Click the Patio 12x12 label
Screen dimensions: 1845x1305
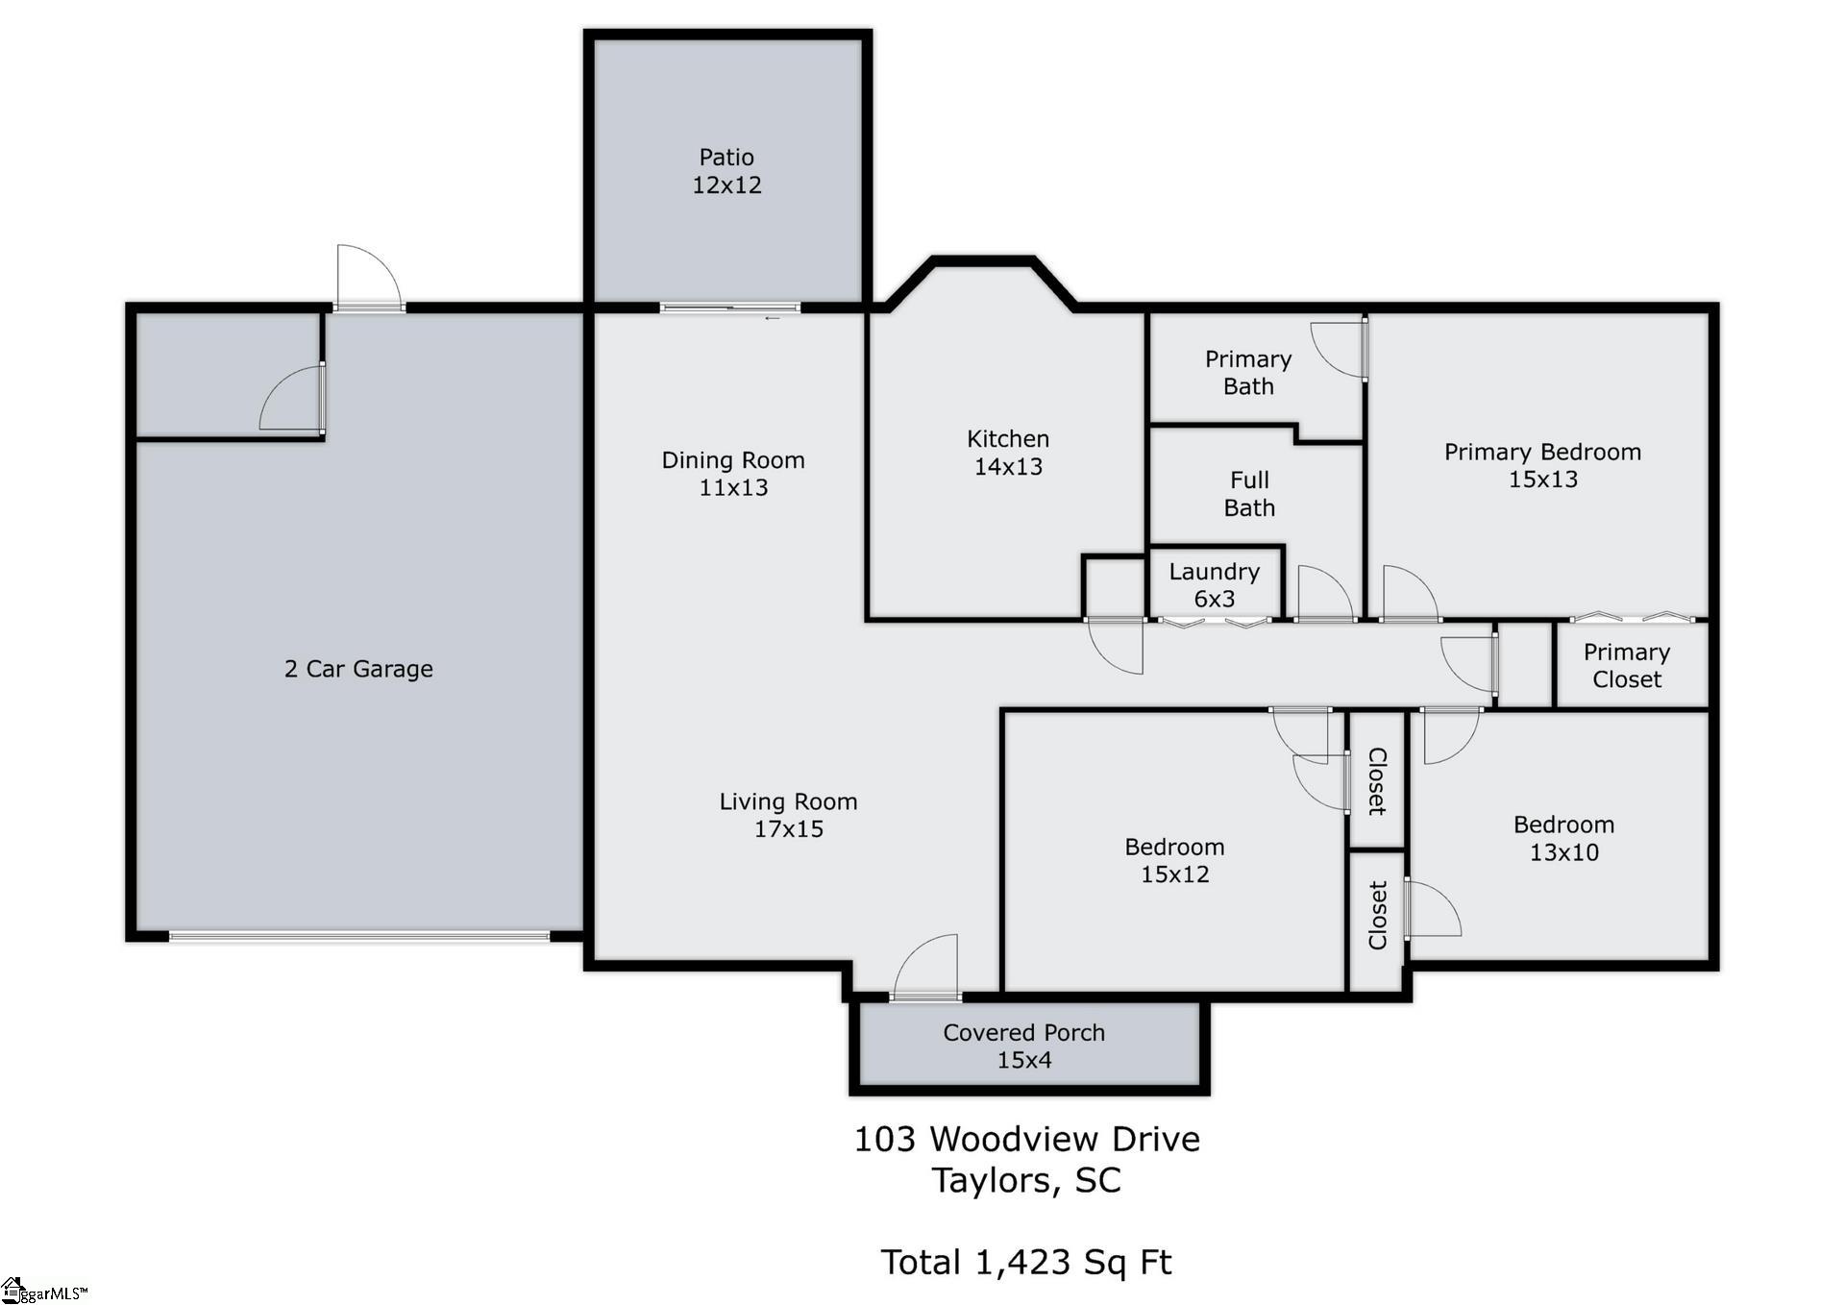[726, 171]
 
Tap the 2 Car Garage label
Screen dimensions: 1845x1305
[358, 669]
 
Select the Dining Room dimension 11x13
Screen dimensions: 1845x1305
[733, 487]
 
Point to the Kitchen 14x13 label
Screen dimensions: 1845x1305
[1008, 453]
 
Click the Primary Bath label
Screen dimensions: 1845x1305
[1248, 373]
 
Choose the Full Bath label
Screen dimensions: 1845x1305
[1249, 494]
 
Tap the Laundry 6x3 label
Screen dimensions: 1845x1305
[1214, 585]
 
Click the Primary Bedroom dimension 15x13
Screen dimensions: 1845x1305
[1543, 479]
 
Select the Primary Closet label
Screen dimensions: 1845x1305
[1627, 666]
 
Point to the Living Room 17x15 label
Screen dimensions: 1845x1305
[788, 815]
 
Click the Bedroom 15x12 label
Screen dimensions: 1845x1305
[1174, 860]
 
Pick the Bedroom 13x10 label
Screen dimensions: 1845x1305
[1563, 838]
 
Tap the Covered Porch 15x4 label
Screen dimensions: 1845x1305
[1024, 1046]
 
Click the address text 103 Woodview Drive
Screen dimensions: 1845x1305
[1027, 1139]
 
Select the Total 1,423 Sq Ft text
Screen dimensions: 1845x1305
[1026, 1262]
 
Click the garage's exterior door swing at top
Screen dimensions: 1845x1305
[369, 277]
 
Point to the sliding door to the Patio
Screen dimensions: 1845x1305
[730, 308]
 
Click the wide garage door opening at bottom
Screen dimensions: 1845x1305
[359, 935]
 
